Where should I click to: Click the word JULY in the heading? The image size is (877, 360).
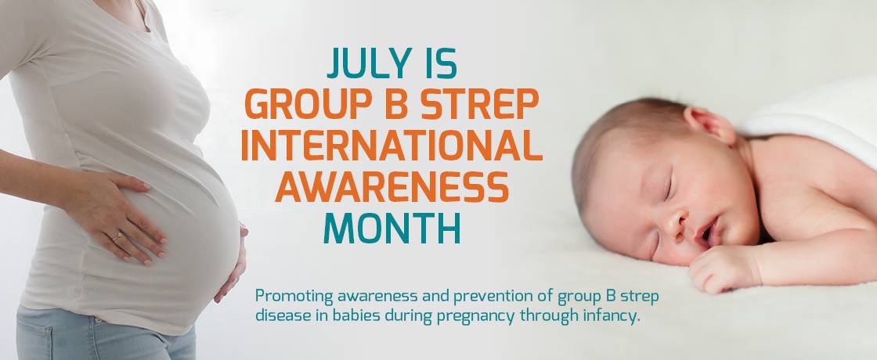(x=369, y=63)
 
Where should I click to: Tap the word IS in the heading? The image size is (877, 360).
(x=441, y=63)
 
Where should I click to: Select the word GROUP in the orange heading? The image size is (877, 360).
(x=309, y=104)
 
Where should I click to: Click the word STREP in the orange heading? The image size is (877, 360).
(x=480, y=104)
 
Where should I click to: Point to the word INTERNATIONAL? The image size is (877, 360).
(x=392, y=146)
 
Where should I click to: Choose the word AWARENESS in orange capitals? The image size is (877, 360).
(x=392, y=187)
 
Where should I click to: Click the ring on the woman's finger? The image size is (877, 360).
(x=118, y=237)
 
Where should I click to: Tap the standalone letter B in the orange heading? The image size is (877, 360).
(x=396, y=104)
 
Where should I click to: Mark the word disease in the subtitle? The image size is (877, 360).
(x=280, y=316)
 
